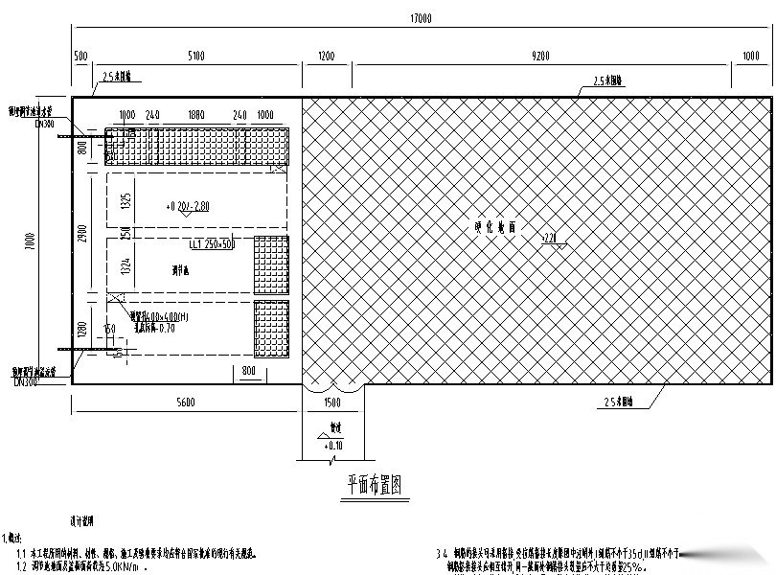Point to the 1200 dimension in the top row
326,57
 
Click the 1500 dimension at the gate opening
332,403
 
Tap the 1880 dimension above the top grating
195,115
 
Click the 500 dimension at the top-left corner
80,57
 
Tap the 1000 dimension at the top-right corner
750,57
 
